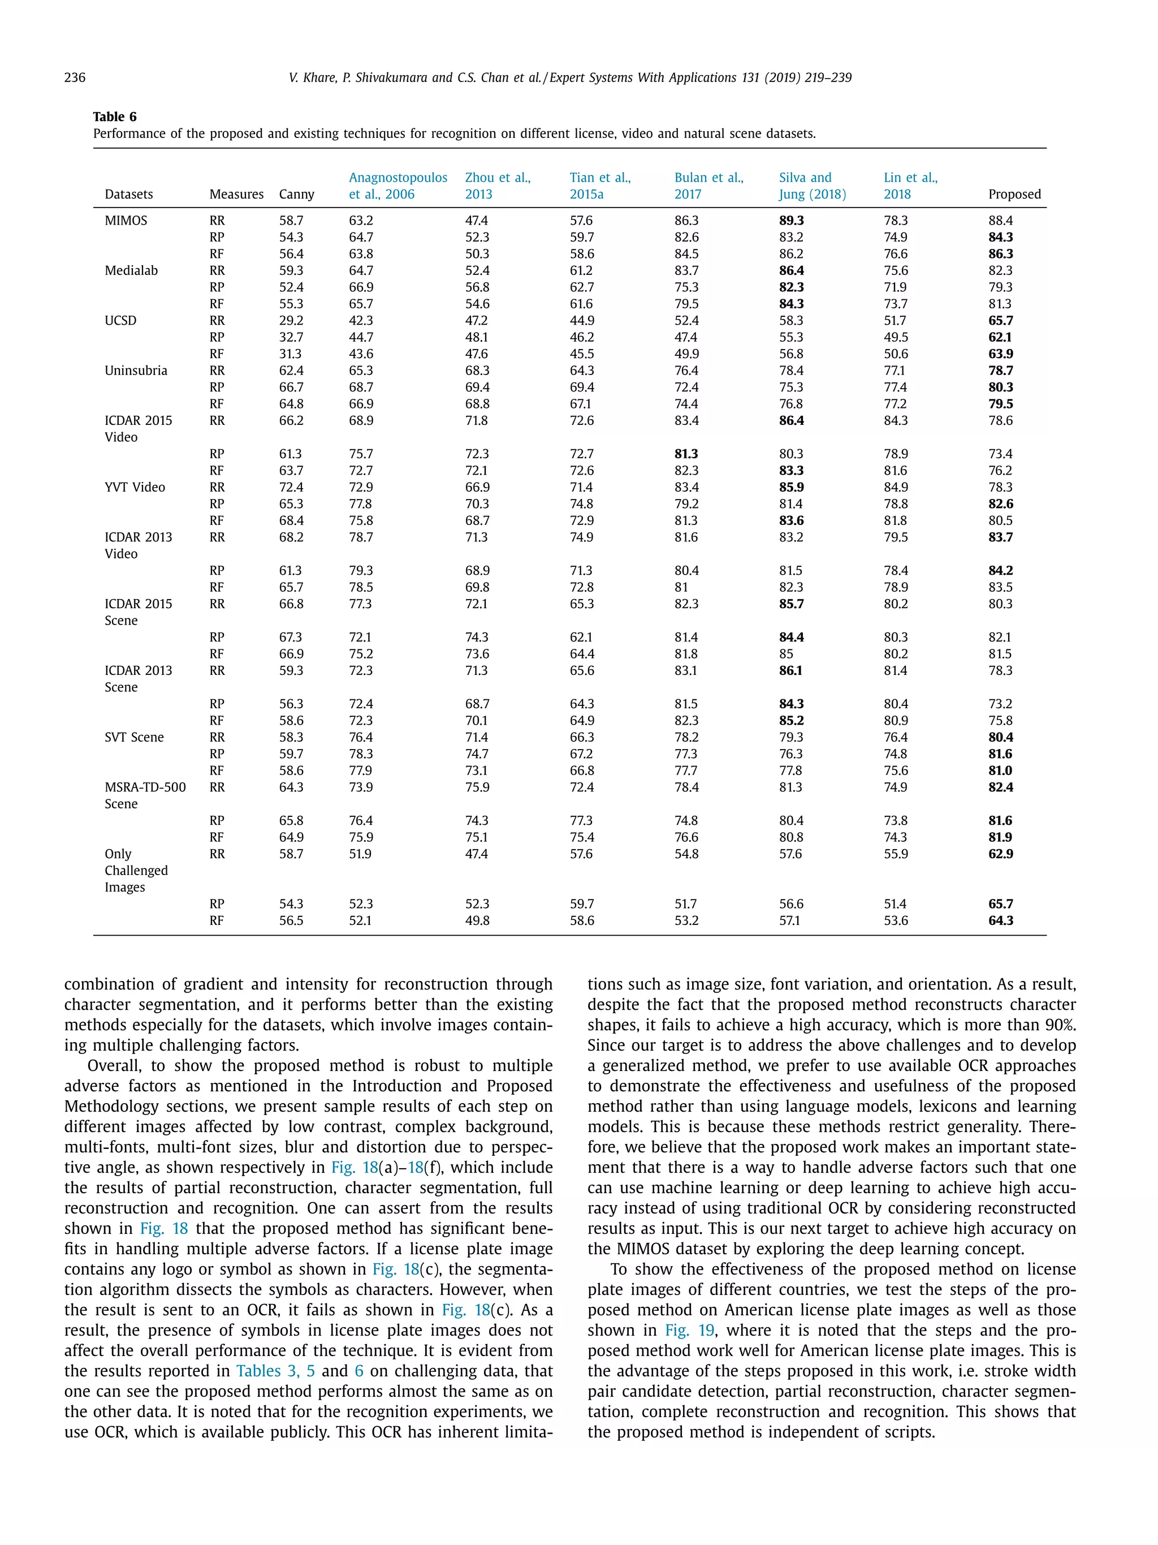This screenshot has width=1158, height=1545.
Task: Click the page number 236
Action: [75, 78]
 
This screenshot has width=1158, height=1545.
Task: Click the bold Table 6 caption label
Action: [114, 117]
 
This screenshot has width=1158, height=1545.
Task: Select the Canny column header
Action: [297, 194]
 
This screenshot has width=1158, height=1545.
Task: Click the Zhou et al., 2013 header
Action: [497, 186]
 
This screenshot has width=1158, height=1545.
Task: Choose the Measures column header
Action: [236, 194]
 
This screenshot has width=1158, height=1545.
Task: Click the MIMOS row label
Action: [126, 221]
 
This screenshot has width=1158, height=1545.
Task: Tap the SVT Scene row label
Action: [134, 737]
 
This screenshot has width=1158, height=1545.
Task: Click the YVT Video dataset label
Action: [135, 487]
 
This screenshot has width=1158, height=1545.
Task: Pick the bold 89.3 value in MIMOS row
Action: [791, 221]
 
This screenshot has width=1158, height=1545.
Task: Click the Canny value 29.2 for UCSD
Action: [291, 321]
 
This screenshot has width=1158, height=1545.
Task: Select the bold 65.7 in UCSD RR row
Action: [1000, 321]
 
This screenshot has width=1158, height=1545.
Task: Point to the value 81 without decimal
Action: [681, 587]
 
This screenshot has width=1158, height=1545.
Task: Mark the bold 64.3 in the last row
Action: [1000, 920]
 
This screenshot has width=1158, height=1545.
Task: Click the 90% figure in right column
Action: [1061, 1025]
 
